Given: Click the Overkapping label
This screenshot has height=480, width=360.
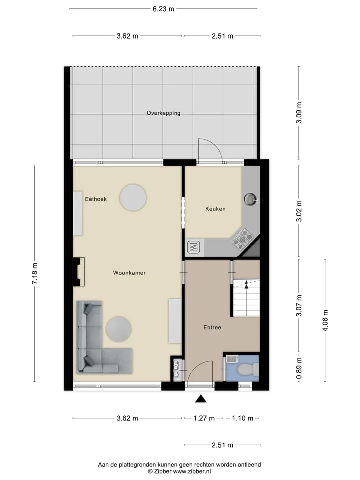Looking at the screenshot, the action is pyautogui.click(x=164, y=113).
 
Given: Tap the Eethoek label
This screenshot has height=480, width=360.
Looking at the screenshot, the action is pyautogui.click(x=96, y=199).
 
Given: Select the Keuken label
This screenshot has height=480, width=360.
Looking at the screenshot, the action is pyautogui.click(x=215, y=209).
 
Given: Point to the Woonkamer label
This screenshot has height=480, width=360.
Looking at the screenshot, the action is pyautogui.click(x=129, y=273).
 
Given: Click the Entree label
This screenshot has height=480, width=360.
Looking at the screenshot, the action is pyautogui.click(x=212, y=327).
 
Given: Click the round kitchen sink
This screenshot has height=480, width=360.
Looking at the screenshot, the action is pyautogui.click(x=251, y=199).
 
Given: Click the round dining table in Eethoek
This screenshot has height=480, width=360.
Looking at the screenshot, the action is pyautogui.click(x=133, y=198).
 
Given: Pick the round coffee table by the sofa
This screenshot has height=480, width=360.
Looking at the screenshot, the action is pyautogui.click(x=119, y=329).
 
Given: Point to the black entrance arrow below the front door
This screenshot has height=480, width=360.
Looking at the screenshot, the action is pyautogui.click(x=201, y=398).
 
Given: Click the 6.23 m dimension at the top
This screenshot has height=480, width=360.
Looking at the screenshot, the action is pyautogui.click(x=164, y=9).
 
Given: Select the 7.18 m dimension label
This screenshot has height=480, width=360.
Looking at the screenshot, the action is pyautogui.click(x=35, y=274).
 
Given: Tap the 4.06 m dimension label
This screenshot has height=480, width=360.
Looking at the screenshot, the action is pyautogui.click(x=325, y=320).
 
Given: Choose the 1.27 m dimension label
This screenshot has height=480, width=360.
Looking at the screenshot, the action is pyautogui.click(x=204, y=418).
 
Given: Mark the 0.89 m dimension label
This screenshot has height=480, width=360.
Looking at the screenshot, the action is pyautogui.click(x=299, y=368).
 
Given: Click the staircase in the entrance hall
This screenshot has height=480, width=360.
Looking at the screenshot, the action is pyautogui.click(x=246, y=298).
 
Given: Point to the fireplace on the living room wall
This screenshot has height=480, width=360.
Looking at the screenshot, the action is pyautogui.click(x=79, y=272).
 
